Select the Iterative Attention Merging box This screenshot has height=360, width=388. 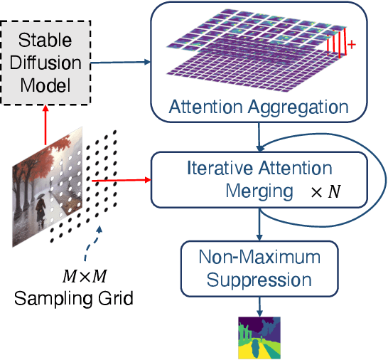point(259,181)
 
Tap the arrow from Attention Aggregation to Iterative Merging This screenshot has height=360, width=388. point(259,137)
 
